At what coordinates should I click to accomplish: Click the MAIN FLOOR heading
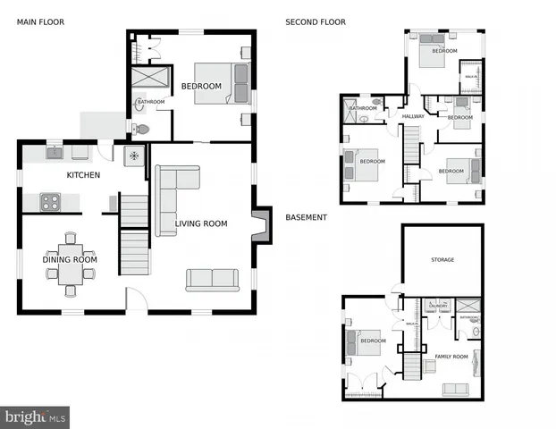pyautogui.click(x=40, y=21)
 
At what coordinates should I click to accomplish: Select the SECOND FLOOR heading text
pyautogui.click(x=315, y=21)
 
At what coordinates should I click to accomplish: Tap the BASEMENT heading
pyautogui.click(x=307, y=217)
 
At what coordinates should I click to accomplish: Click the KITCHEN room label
pyautogui.click(x=83, y=175)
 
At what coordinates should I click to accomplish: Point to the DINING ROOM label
pyautogui.click(x=70, y=259)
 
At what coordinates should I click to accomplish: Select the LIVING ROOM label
pyautogui.click(x=201, y=224)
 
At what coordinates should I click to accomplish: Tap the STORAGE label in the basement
pyautogui.click(x=442, y=260)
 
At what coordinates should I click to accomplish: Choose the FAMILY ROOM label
pyautogui.click(x=451, y=357)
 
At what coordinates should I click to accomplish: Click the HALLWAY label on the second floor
pyautogui.click(x=413, y=116)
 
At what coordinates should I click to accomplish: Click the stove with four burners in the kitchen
pyautogui.click(x=49, y=203)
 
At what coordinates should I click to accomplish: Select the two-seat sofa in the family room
pyautogui.click(x=456, y=389)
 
